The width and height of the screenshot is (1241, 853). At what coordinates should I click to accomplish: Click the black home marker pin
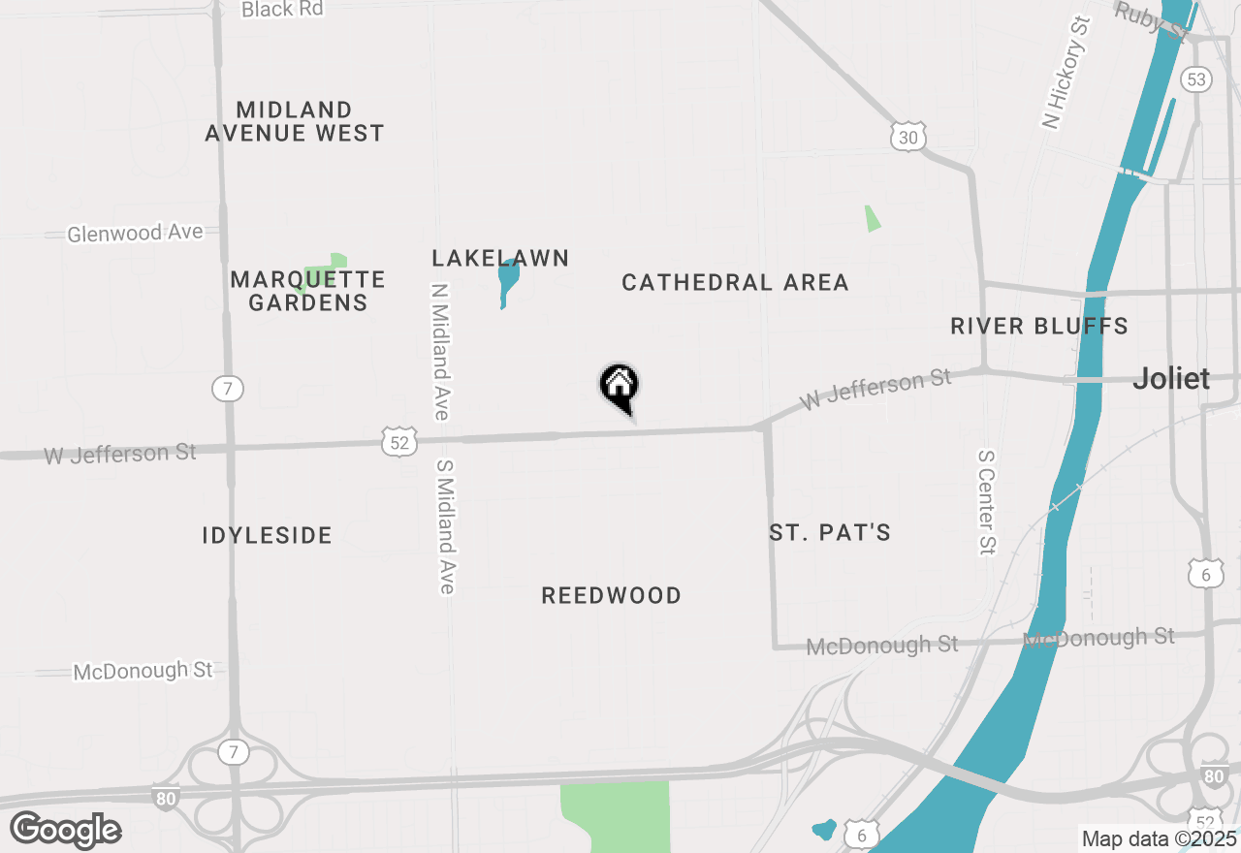coord(620,386)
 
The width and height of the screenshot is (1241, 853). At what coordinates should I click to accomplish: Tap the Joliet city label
coord(1171,378)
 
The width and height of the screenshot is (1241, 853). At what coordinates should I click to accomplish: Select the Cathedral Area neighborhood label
coord(735,282)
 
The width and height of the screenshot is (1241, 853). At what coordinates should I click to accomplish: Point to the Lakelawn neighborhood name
coord(500,258)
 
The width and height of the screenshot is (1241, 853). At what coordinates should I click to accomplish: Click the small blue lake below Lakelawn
coord(506,281)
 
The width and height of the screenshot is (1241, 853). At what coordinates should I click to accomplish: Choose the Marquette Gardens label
coord(308,291)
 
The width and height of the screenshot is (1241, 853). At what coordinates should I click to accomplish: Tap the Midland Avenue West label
coord(295,121)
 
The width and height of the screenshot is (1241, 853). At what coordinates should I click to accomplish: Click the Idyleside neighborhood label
coord(268,535)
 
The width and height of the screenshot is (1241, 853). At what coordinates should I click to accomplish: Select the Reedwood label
coord(611,595)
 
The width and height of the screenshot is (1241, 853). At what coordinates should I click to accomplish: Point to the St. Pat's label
coord(830,532)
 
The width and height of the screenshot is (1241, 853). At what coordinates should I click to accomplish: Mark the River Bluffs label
coord(1039,326)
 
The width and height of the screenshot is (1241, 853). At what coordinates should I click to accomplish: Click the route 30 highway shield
coord(907,138)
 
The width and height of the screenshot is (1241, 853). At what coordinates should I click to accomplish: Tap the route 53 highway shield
coord(1196,79)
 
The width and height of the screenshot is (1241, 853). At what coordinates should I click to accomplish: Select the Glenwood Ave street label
coord(135,233)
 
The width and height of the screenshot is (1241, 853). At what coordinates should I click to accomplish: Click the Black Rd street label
coord(282,10)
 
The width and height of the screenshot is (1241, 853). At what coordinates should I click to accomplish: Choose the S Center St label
coord(987,502)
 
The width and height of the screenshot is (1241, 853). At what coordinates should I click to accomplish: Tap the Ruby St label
coord(1151,19)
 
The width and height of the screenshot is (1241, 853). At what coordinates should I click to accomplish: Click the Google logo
coord(65,830)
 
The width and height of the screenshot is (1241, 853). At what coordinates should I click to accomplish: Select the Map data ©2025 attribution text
coord(1159,838)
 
